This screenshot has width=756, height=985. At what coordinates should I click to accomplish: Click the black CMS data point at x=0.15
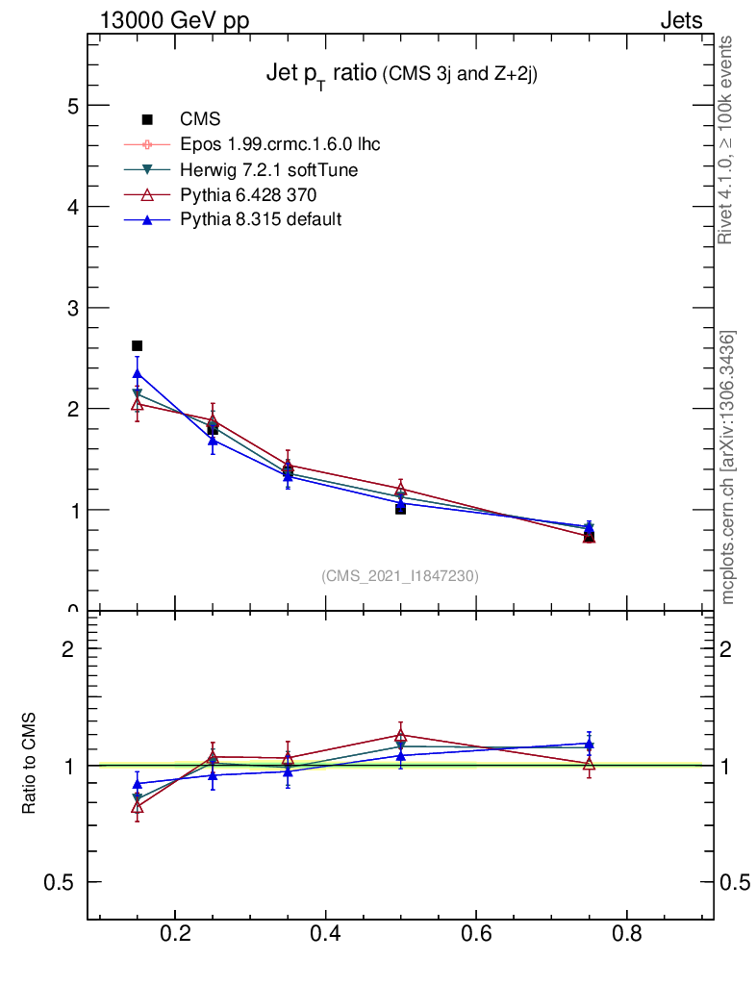pos(137,345)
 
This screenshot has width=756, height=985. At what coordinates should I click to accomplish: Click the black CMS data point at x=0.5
pos(400,509)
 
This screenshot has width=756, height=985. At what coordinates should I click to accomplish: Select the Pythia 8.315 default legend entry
pos(261,220)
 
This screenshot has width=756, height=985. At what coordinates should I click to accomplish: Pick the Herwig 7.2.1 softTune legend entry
pos(269,169)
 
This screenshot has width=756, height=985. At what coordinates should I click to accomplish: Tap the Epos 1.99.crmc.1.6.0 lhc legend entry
pos(280,144)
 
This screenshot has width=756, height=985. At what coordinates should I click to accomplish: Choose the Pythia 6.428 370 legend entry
pos(248,195)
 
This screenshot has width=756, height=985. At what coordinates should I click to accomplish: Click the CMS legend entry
pos(200,119)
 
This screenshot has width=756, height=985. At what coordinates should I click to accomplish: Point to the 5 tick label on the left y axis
pos(72,106)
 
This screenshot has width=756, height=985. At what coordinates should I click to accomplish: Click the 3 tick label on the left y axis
pos(72,308)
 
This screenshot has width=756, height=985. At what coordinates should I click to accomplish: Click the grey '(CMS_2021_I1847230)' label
pos(400,576)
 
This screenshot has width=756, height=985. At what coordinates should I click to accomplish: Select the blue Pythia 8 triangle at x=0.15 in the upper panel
pos(138,373)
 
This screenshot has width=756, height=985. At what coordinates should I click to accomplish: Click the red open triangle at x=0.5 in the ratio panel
pos(400,736)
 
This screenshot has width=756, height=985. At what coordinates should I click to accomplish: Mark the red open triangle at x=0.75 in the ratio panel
pos(589,764)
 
